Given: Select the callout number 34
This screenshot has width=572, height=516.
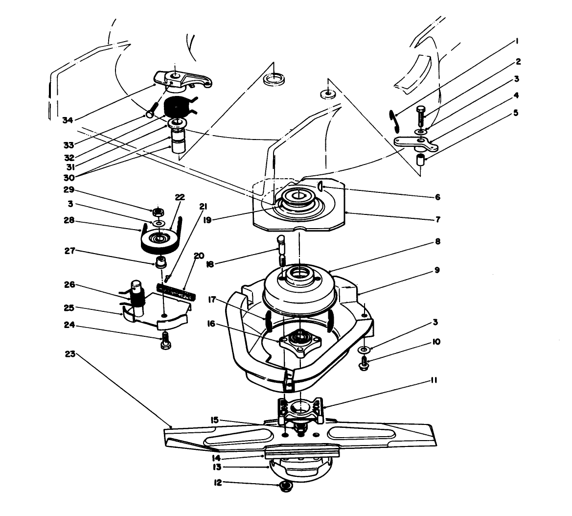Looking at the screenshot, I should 69,119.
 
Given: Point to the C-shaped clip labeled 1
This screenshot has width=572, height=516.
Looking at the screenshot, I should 392,121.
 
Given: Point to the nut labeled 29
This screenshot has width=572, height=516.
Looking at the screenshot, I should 158,212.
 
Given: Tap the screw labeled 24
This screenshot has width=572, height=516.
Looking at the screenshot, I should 165,339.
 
